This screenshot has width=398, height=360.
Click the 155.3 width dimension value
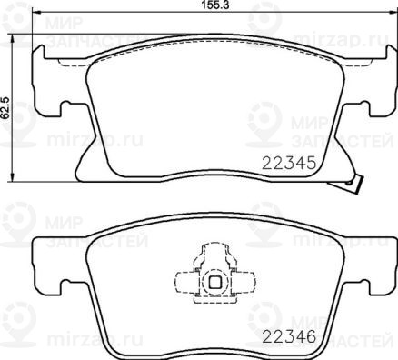tap(214, 5)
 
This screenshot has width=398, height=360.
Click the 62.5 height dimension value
tap(6, 107)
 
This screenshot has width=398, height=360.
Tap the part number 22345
tap(289, 164)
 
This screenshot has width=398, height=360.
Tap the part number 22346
tap(289, 336)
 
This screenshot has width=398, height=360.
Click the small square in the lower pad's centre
tap(214, 283)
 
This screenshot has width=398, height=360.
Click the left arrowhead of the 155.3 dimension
tap(36, 13)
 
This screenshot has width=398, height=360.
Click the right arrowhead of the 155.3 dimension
tap(392, 13)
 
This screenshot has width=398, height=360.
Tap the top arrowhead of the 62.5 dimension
tap(12, 38)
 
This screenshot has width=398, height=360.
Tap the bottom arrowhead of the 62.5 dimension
tap(12, 177)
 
